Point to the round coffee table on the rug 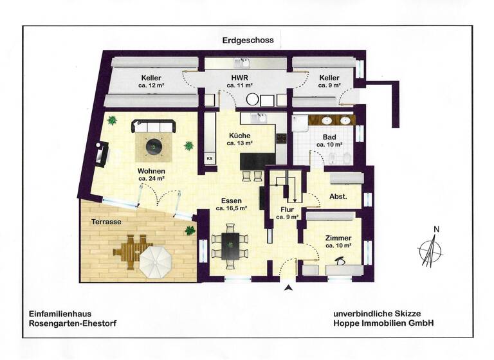155,148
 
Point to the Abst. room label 338,197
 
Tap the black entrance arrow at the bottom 288,288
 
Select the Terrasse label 106,221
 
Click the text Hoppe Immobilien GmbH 383,323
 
